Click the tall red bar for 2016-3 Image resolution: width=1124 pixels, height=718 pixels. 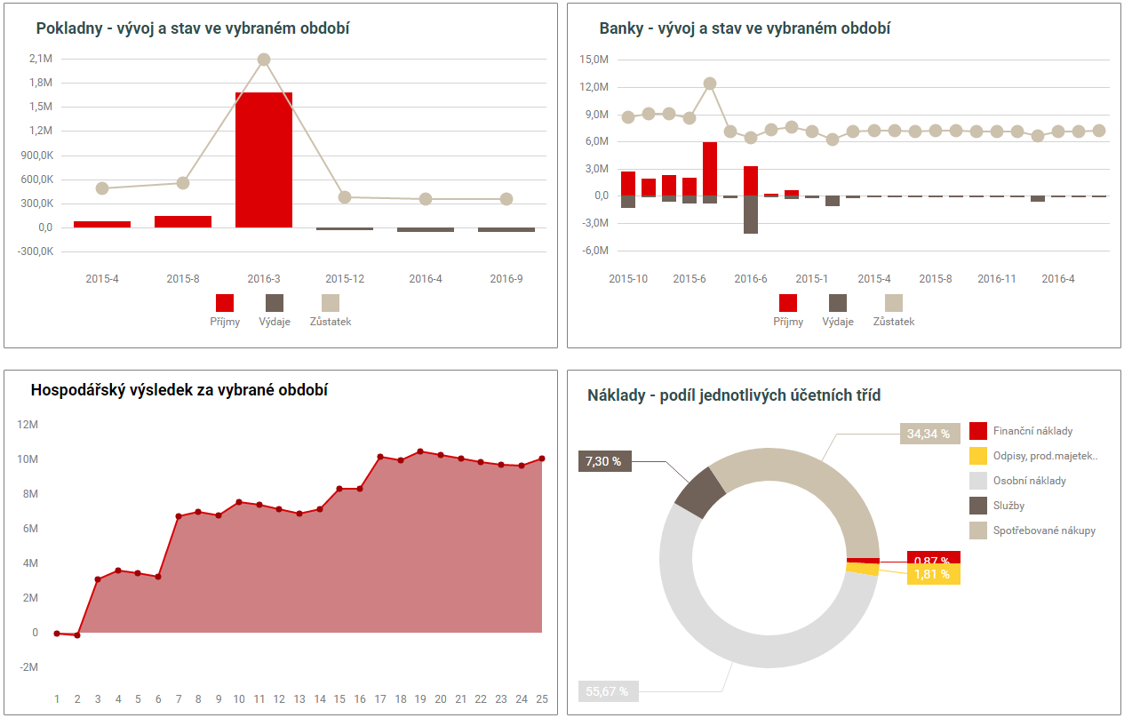point(264,160)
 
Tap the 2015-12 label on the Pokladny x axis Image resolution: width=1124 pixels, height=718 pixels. point(345,279)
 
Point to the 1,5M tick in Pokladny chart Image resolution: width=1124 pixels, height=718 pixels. point(41,107)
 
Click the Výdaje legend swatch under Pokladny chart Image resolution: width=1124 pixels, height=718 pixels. point(275,303)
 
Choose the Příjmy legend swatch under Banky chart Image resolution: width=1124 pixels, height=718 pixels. point(788,303)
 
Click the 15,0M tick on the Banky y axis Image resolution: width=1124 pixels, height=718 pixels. point(593,60)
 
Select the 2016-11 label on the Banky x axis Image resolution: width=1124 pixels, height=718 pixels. point(997,279)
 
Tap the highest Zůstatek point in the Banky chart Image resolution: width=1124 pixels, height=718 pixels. point(710,84)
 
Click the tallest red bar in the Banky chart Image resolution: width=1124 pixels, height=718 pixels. point(710,169)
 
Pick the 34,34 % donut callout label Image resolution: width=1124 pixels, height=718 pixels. point(929,434)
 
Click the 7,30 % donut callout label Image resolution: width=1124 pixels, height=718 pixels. point(605,461)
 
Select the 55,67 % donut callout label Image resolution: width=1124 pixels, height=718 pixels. point(609,690)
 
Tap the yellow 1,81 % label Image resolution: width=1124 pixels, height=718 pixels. point(932,575)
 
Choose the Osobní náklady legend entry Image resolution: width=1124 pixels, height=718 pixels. point(1029,481)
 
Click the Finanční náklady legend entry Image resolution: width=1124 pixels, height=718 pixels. point(1032,431)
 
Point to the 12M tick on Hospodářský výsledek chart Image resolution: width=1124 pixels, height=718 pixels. point(28,425)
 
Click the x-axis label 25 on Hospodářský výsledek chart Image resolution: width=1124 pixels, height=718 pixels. point(542,699)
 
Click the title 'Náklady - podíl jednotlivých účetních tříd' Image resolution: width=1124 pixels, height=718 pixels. point(734,395)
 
